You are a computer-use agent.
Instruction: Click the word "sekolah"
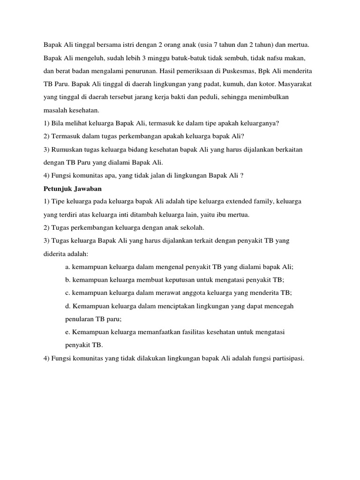[189, 227]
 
